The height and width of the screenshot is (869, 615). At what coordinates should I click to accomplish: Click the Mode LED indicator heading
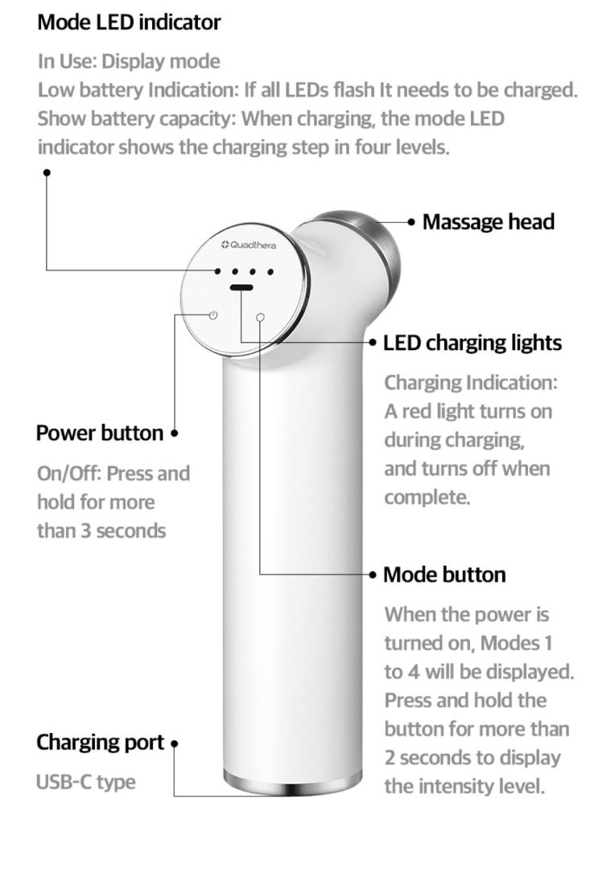click(129, 23)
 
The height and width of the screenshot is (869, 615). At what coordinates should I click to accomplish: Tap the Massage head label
click(489, 221)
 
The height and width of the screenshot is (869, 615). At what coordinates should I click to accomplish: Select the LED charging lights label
click(473, 343)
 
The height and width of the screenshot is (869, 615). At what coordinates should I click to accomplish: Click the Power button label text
click(100, 433)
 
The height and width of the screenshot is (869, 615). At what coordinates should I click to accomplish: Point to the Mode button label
click(444, 575)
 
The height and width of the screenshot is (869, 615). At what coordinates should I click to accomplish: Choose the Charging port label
click(100, 742)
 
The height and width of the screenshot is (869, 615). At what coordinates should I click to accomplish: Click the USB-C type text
click(86, 781)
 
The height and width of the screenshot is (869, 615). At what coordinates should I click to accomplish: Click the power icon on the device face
click(213, 315)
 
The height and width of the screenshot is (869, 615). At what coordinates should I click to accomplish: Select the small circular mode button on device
click(260, 317)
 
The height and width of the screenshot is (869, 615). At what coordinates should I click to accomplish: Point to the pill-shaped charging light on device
click(240, 287)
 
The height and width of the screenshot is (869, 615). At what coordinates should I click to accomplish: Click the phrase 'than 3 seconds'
click(101, 530)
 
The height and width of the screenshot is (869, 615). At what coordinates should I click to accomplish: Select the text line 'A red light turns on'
click(468, 411)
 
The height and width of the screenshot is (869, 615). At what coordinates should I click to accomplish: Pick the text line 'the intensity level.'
click(464, 786)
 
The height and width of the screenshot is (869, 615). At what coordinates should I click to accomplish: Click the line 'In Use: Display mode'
click(129, 61)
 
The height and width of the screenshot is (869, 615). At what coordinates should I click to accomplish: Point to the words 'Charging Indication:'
click(470, 382)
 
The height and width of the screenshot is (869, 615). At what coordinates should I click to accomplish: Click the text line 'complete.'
click(427, 497)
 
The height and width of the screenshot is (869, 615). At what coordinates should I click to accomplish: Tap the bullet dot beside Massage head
click(411, 221)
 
